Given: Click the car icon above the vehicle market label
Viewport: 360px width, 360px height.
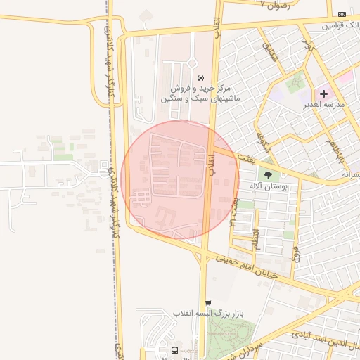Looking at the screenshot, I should [201, 77].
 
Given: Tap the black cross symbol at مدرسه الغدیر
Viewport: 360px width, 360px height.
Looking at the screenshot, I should [324, 93].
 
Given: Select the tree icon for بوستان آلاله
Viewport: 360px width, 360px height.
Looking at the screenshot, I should [267, 174].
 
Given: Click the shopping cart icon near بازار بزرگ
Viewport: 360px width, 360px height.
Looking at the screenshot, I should [207, 303].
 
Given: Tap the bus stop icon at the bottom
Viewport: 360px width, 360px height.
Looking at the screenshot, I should [174, 350].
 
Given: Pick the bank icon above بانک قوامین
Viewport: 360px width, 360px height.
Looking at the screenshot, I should [342, 13].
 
